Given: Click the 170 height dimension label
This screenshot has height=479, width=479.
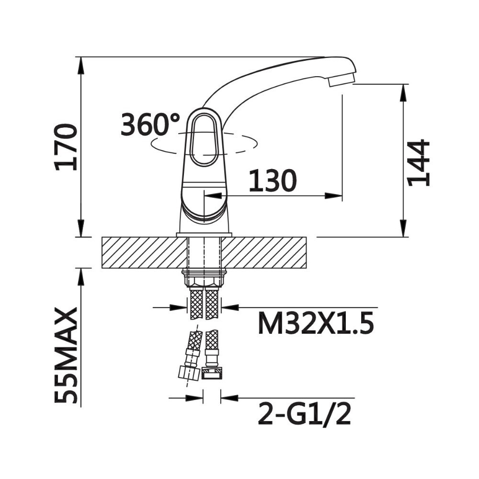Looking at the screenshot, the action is [x=65, y=147].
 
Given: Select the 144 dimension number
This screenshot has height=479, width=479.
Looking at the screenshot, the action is [x=419, y=163].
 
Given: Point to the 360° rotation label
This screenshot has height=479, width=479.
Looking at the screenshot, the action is [x=150, y=124].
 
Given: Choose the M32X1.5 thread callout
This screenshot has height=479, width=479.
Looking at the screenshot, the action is [x=316, y=323].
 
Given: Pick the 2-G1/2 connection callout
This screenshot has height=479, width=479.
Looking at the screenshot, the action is [x=304, y=414].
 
